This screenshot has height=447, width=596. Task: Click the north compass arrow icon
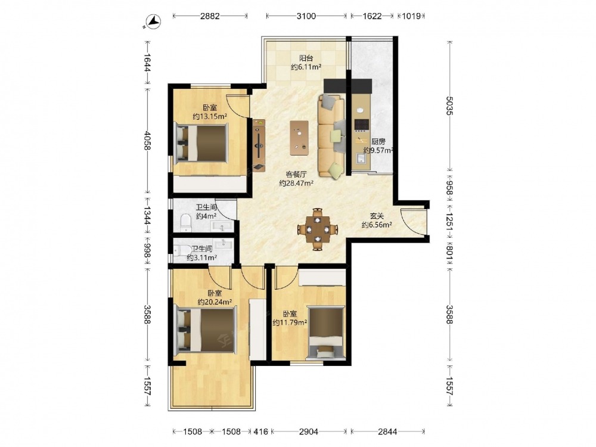pos(153,21)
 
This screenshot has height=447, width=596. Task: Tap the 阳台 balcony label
pos(306,58)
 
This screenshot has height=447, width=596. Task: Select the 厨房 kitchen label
pos(378,141)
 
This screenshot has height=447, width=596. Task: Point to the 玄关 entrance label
pos(377,216)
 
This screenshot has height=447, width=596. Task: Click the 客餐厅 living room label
pos(296,175)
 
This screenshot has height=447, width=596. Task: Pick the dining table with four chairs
pos(318,229)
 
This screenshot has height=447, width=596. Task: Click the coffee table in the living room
pos(299,138)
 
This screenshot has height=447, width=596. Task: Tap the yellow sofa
pos(331,136)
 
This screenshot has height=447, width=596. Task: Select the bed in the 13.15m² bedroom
pos(201,143)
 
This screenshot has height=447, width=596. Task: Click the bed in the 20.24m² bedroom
pos(205,330)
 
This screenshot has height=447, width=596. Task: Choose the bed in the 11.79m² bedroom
pos(325,333)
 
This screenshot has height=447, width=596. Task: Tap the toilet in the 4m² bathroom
pos(186,223)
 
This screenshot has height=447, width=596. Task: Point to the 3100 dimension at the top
pos(306,16)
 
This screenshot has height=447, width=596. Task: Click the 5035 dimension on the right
pos(449,106)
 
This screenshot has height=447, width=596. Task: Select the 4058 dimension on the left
pos(147,141)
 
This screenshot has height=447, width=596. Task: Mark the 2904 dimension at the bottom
pos(308,432)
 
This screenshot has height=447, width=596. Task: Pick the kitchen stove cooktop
pos(362,125)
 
